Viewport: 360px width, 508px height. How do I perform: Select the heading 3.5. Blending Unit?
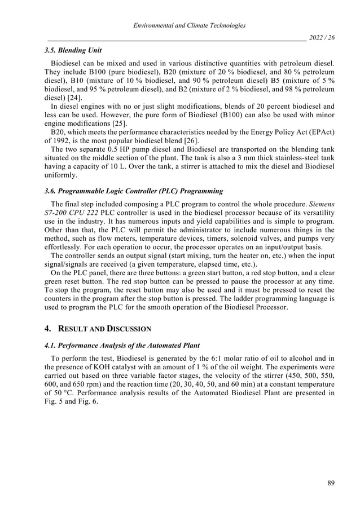pyautogui.click(x=69, y=50)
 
